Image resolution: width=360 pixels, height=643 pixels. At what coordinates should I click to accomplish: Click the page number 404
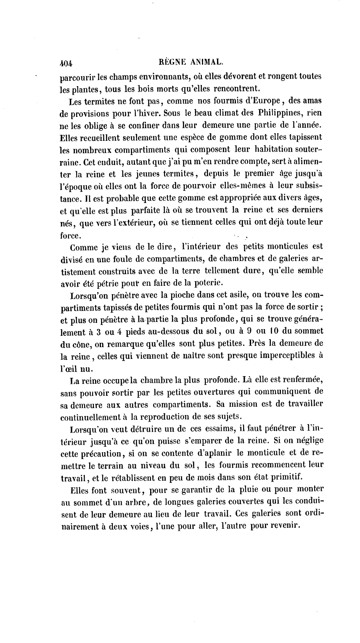coord(66,63)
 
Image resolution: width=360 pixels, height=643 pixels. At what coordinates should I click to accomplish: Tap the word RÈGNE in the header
coord(173,62)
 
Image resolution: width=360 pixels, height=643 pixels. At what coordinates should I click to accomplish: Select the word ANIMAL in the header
coord(206,62)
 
